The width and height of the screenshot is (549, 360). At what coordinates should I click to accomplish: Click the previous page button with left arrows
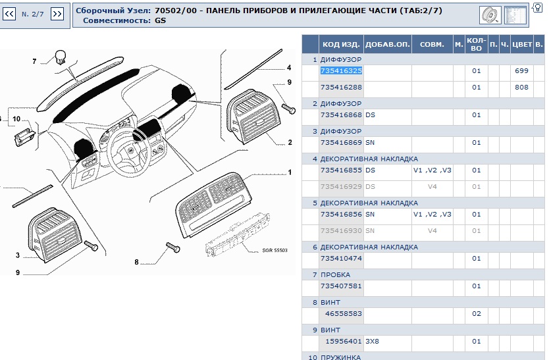[10, 14]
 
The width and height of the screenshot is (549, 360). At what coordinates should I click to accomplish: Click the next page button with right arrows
[57, 14]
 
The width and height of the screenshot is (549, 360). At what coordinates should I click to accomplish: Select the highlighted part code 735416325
[341, 70]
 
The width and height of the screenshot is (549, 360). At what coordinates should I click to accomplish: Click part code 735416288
[341, 87]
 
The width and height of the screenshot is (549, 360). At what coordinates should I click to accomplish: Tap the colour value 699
[521, 70]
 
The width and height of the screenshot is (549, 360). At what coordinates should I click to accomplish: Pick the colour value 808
[521, 87]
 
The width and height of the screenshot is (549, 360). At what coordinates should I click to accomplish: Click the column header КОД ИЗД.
[340, 45]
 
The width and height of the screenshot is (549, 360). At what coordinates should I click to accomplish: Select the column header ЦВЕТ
[522, 45]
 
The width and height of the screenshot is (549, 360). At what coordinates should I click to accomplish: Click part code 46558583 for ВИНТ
[344, 314]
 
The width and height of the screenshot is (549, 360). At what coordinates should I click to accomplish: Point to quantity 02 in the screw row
[477, 314]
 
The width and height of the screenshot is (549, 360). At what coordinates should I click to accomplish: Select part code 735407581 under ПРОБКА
[341, 286]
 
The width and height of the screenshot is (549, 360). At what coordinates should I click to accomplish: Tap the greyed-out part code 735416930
[341, 231]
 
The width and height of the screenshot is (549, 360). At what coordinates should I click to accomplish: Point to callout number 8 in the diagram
[137, 262]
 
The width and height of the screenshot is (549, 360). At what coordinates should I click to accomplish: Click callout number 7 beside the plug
[35, 62]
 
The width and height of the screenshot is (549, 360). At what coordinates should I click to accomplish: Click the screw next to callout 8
[172, 247]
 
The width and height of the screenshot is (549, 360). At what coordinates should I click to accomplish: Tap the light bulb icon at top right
[536, 8]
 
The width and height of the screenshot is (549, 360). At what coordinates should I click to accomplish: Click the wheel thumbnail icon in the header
[490, 14]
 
